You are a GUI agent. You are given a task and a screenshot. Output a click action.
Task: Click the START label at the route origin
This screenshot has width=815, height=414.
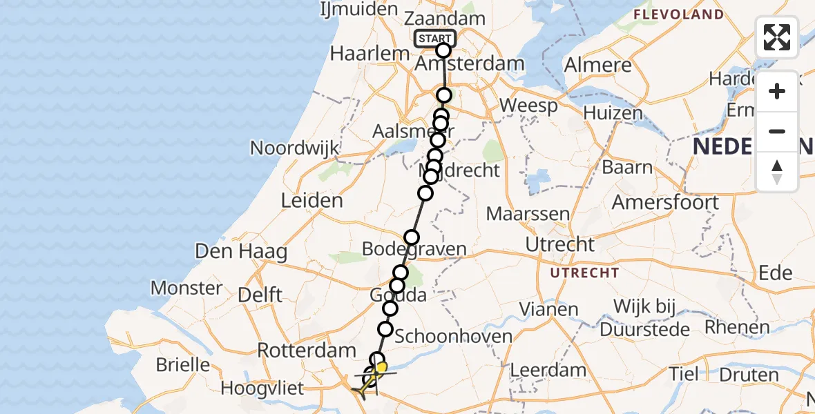pos(435,39)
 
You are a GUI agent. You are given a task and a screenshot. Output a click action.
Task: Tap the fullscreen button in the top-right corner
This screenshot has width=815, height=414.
pos(777,37)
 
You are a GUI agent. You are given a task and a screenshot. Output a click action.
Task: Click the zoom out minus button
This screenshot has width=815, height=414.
pos(777,131)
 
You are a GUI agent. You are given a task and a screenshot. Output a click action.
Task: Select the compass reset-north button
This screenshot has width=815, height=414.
pos(777,172)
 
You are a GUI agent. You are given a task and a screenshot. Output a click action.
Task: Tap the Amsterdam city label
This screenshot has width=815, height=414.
pos(470,64)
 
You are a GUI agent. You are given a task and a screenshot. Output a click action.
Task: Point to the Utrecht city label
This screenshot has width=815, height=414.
pos(559,244)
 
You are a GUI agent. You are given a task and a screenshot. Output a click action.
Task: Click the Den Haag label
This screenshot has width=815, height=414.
pos(241,251)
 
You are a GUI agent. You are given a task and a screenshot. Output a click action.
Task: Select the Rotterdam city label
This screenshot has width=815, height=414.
pos(306,351)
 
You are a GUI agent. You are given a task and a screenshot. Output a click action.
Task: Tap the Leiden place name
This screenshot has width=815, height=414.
pos(311,201)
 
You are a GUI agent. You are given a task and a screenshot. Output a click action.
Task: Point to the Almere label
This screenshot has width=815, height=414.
pos(598,65)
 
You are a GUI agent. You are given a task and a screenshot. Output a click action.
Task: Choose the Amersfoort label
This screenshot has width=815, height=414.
pos(665,202)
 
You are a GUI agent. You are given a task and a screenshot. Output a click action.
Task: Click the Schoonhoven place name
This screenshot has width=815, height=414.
pos(453,337)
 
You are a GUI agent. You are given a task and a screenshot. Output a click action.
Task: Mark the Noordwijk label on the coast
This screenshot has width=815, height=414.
pos(295,147)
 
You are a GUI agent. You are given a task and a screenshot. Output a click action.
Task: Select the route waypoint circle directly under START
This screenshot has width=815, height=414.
pos(443,50)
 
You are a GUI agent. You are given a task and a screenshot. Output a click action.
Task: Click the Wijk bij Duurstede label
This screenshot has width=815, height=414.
pos(645,318)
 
